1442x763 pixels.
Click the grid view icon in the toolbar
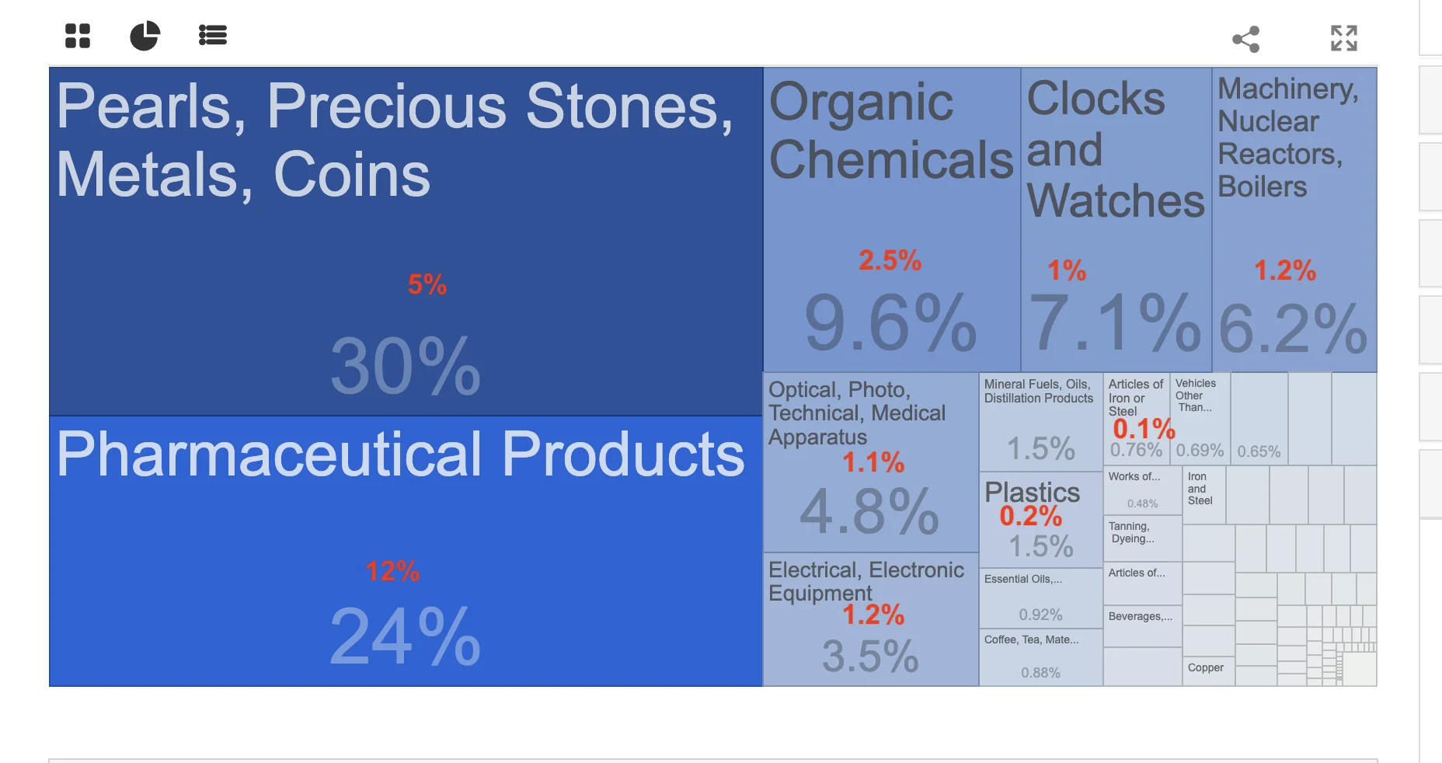[x=78, y=36]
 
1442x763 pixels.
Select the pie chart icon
[x=145, y=36]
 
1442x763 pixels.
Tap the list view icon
[x=212, y=35]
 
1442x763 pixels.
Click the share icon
[x=1246, y=39]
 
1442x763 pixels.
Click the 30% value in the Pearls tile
[x=406, y=366]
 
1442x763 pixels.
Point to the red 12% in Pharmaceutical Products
[x=392, y=571]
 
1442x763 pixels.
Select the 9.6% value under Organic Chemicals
[x=890, y=322]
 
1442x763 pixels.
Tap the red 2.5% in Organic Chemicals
[x=890, y=260]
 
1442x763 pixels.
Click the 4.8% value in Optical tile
[x=869, y=511]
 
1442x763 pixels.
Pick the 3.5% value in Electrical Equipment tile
[x=870, y=657]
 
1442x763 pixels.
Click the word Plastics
[x=1033, y=492]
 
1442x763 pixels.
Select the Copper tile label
[x=1206, y=667]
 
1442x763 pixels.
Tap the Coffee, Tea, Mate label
[x=1031, y=639]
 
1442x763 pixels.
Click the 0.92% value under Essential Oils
[x=1040, y=615]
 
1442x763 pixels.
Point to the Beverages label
[x=1141, y=616]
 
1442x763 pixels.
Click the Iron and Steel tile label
[x=1200, y=489]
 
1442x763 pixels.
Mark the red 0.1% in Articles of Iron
[x=1144, y=428]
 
